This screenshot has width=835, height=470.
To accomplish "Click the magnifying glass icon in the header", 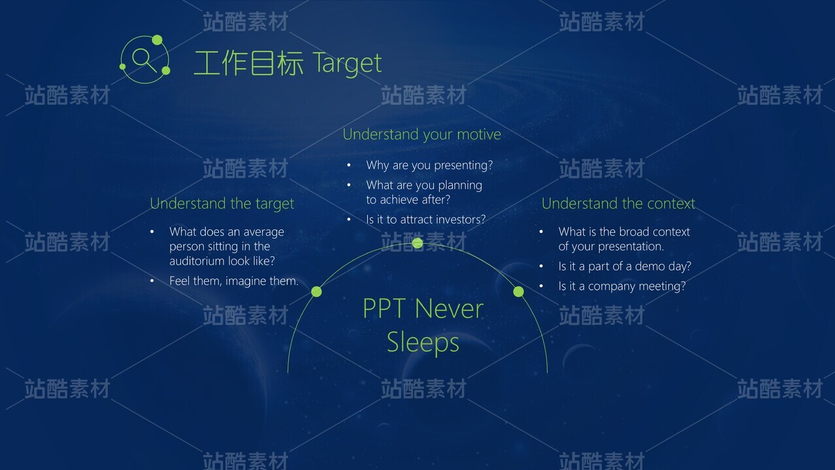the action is click(x=144, y=59).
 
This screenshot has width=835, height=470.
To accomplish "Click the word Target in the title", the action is click(x=347, y=63).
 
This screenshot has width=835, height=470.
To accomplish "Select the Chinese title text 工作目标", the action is click(x=248, y=63).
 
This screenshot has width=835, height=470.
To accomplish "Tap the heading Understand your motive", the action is click(x=421, y=135).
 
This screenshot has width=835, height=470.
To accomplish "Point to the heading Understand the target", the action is click(x=221, y=204).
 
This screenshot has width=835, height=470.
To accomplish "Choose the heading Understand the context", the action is click(x=618, y=204).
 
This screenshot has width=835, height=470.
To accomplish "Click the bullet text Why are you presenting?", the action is click(x=429, y=165).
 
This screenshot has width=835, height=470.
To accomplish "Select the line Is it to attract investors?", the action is click(x=426, y=220).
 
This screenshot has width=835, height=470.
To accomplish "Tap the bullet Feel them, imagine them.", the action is click(x=234, y=281).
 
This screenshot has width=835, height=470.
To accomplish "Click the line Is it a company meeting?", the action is click(x=622, y=286).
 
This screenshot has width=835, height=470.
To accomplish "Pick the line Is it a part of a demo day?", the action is click(x=625, y=266).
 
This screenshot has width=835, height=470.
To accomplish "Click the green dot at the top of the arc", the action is click(x=417, y=243).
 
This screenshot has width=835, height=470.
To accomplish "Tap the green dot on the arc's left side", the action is click(x=316, y=292).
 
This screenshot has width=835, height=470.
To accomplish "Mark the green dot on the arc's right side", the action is click(x=519, y=292).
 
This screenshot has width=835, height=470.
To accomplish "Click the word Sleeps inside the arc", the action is click(x=423, y=343).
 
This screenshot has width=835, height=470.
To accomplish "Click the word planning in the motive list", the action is click(x=460, y=186).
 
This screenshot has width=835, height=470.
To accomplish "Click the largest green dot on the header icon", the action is click(x=157, y=40).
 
